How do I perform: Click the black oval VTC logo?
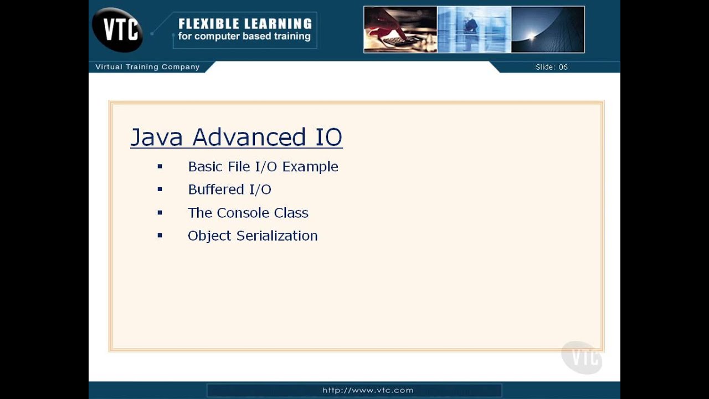click(x=117, y=29)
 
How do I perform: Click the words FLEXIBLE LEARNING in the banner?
click(x=245, y=24)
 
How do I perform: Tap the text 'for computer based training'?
click(x=244, y=37)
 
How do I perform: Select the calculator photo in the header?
click(x=400, y=30)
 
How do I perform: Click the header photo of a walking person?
click(x=474, y=30)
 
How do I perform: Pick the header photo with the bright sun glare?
click(x=547, y=30)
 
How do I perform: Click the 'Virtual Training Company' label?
click(x=147, y=67)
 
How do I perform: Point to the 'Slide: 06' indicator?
click(x=551, y=67)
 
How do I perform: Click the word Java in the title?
click(x=156, y=137)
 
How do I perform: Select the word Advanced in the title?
click(x=249, y=137)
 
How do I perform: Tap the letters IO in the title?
click(x=328, y=137)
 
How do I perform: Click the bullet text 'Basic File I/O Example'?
click(x=263, y=167)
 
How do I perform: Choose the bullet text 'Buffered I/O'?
click(x=229, y=190)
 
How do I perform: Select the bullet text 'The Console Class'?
click(x=248, y=213)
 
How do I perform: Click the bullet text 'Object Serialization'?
click(x=253, y=236)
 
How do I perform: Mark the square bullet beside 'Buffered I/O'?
click(x=160, y=190)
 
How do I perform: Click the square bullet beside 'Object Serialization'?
click(x=160, y=236)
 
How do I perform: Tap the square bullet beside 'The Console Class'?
click(x=160, y=213)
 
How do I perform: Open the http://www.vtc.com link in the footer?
click(x=368, y=390)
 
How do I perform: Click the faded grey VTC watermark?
click(x=582, y=357)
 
